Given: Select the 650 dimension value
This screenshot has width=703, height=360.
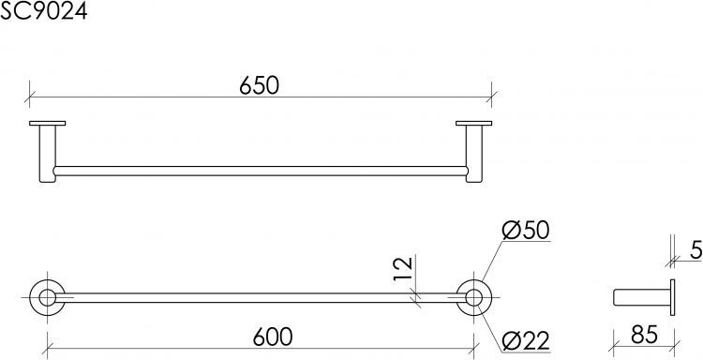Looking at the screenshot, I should click(x=260, y=85).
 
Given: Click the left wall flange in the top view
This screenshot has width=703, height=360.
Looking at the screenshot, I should click(x=47, y=124).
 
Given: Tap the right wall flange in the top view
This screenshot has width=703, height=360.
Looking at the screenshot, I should click(x=473, y=124).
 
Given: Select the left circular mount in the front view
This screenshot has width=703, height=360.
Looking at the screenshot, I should click(x=45, y=298).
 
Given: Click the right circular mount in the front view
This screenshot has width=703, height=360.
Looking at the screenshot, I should click(x=475, y=298).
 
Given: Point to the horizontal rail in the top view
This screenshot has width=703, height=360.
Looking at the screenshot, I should click(x=260, y=172).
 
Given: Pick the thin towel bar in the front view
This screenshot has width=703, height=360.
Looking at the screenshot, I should click(x=260, y=298).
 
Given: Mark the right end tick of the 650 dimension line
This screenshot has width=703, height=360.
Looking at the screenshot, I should click(x=492, y=94).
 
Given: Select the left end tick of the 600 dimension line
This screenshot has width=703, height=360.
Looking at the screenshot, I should click(x=45, y=343).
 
